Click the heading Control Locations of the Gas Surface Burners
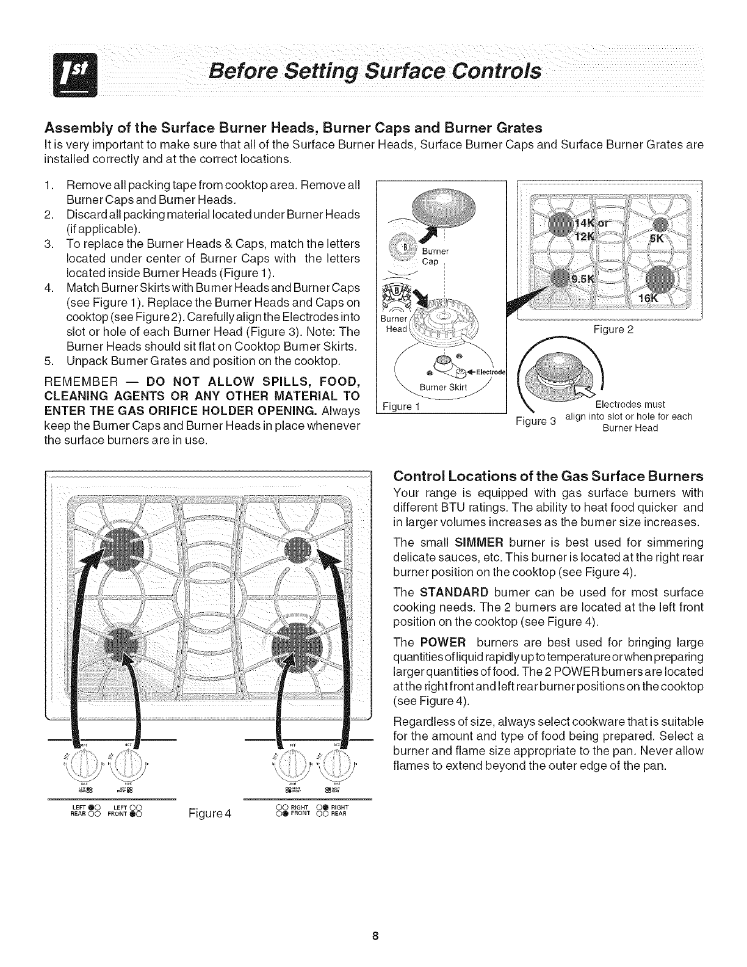pyautogui.click(x=549, y=476)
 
